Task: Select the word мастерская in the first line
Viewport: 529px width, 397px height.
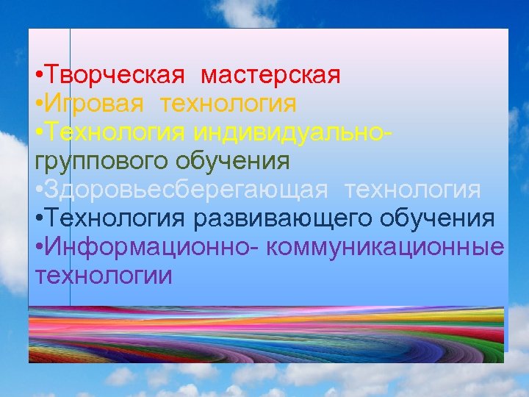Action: click(270, 76)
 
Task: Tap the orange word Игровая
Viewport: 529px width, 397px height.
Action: click(94, 104)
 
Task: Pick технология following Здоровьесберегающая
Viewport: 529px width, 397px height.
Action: click(414, 190)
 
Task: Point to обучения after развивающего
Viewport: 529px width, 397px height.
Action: click(438, 218)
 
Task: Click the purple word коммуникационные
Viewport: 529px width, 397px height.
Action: click(386, 247)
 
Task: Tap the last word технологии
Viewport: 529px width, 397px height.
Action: click(104, 276)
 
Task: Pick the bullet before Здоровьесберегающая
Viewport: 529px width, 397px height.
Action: click(38, 191)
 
